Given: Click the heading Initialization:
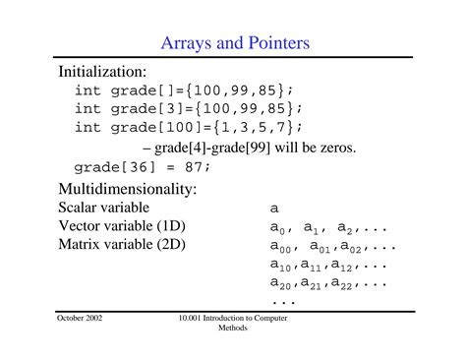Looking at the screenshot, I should [x=103, y=72].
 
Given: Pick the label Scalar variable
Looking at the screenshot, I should [x=104, y=208].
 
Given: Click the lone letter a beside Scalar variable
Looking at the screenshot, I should [x=274, y=209].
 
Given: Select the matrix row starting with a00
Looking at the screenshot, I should [x=332, y=247].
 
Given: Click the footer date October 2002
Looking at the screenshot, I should [x=80, y=320].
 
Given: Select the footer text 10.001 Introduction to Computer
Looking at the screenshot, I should [x=233, y=320].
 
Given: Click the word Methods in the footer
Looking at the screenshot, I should [x=233, y=329].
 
